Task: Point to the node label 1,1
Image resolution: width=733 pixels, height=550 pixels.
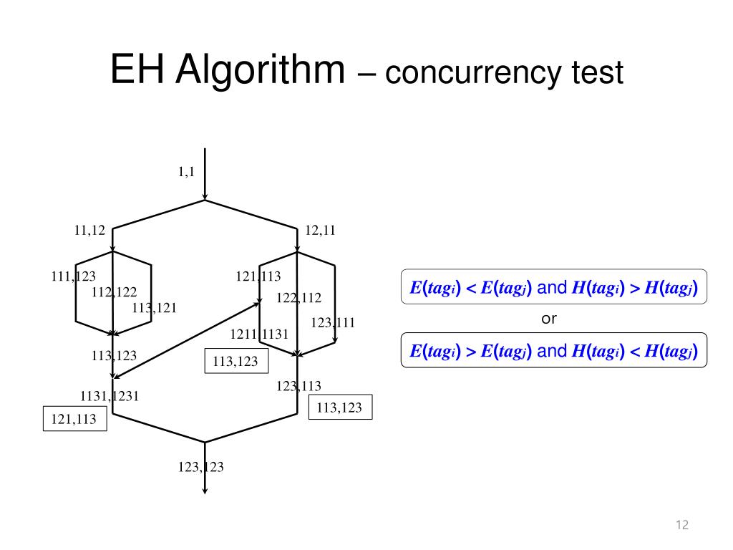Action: [x=187, y=171]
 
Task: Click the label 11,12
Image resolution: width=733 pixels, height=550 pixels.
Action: [x=89, y=231]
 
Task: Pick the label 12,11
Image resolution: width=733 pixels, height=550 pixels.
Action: [x=320, y=231]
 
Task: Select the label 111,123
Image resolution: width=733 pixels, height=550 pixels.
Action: [x=73, y=276]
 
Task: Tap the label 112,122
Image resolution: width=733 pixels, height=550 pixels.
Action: [x=114, y=292]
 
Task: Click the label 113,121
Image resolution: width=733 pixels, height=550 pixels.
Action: [x=154, y=308]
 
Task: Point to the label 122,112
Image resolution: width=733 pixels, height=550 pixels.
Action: [x=298, y=298]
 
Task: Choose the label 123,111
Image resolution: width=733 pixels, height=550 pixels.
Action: [x=333, y=323]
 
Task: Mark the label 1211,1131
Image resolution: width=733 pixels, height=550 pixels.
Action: [x=259, y=334]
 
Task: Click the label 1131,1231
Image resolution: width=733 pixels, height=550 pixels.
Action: [x=110, y=395]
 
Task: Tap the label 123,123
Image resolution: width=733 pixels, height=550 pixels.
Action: [x=201, y=468]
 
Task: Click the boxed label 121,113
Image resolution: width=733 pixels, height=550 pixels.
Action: [x=74, y=420]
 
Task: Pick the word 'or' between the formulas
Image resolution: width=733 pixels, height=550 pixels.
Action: [x=548, y=319]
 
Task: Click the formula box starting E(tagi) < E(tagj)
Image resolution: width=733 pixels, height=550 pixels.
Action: [x=553, y=288]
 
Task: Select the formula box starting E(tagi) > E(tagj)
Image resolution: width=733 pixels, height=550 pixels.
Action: [x=553, y=351]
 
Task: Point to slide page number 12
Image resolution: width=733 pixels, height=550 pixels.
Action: [x=681, y=526]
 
